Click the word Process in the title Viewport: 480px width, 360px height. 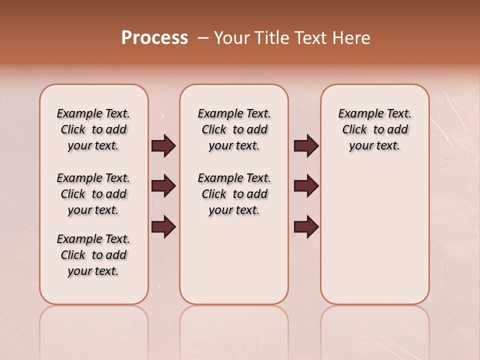point(154,38)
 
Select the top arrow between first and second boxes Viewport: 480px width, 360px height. point(163,146)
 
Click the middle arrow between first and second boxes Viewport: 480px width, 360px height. point(163,186)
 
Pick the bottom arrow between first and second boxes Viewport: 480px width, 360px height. point(163,226)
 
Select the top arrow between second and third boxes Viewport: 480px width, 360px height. point(306,146)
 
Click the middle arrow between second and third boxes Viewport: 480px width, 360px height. point(306,186)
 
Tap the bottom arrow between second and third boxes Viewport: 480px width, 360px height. point(306,226)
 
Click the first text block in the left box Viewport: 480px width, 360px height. point(93,129)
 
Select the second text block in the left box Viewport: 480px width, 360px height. point(93,194)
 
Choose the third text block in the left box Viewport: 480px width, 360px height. point(93,255)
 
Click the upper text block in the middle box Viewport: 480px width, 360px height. point(234,129)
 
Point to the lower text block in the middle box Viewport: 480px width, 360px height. point(234,194)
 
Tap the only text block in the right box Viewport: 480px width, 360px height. point(374,129)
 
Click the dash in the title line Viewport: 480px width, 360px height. point(203,38)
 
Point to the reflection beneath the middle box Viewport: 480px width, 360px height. point(234,330)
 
